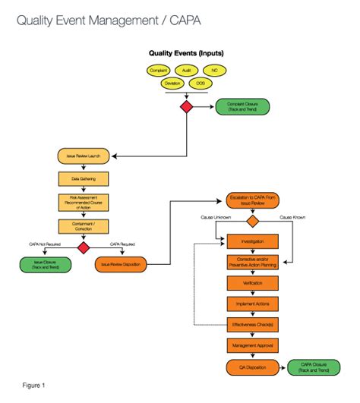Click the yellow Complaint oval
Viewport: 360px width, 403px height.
tap(157, 70)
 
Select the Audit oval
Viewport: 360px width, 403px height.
tap(187, 70)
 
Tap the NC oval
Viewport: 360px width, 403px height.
tap(215, 70)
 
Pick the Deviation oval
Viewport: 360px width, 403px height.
tap(172, 83)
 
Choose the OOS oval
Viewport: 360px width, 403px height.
tap(201, 83)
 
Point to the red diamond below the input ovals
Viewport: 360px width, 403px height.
tap(186, 107)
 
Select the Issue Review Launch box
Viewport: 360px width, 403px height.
tap(84, 157)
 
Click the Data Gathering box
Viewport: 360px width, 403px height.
tap(84, 180)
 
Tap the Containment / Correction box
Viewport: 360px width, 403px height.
tap(84, 226)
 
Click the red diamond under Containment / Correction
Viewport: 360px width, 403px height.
tap(84, 248)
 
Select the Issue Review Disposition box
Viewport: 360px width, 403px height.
tap(122, 265)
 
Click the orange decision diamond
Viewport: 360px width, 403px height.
tap(252, 221)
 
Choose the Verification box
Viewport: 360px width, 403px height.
tap(252, 283)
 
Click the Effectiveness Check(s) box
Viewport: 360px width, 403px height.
tap(252, 324)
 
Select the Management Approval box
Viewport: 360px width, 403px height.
tap(252, 345)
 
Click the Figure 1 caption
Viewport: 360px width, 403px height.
tap(33, 386)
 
